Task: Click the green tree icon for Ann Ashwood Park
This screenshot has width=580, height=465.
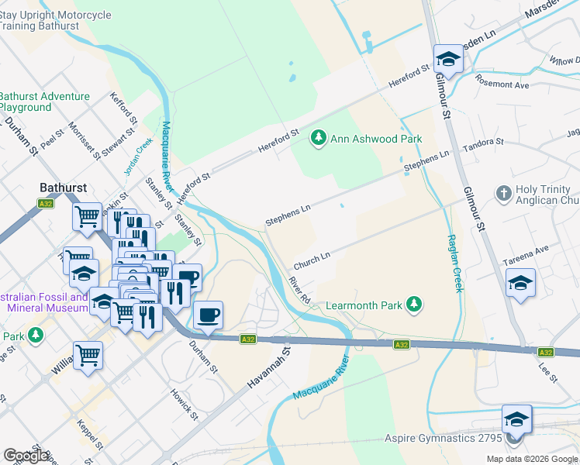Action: [317, 139]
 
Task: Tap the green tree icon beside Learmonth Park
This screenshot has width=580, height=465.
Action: [415, 305]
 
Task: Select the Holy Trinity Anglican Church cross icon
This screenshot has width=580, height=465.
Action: [503, 192]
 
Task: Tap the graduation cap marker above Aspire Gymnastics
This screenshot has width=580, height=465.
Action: [516, 419]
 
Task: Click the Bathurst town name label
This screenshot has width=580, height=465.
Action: [63, 188]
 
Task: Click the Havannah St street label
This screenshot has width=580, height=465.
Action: [268, 368]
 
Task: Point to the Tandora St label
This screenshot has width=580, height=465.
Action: [482, 146]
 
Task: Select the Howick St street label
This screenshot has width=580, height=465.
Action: [184, 405]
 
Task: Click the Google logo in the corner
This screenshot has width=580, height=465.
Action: [26, 456]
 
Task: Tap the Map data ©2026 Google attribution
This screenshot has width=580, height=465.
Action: [531, 459]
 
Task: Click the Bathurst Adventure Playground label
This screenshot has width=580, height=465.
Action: [45, 102]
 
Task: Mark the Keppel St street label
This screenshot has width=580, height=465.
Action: [90, 436]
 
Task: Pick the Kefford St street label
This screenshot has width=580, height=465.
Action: [124, 111]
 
